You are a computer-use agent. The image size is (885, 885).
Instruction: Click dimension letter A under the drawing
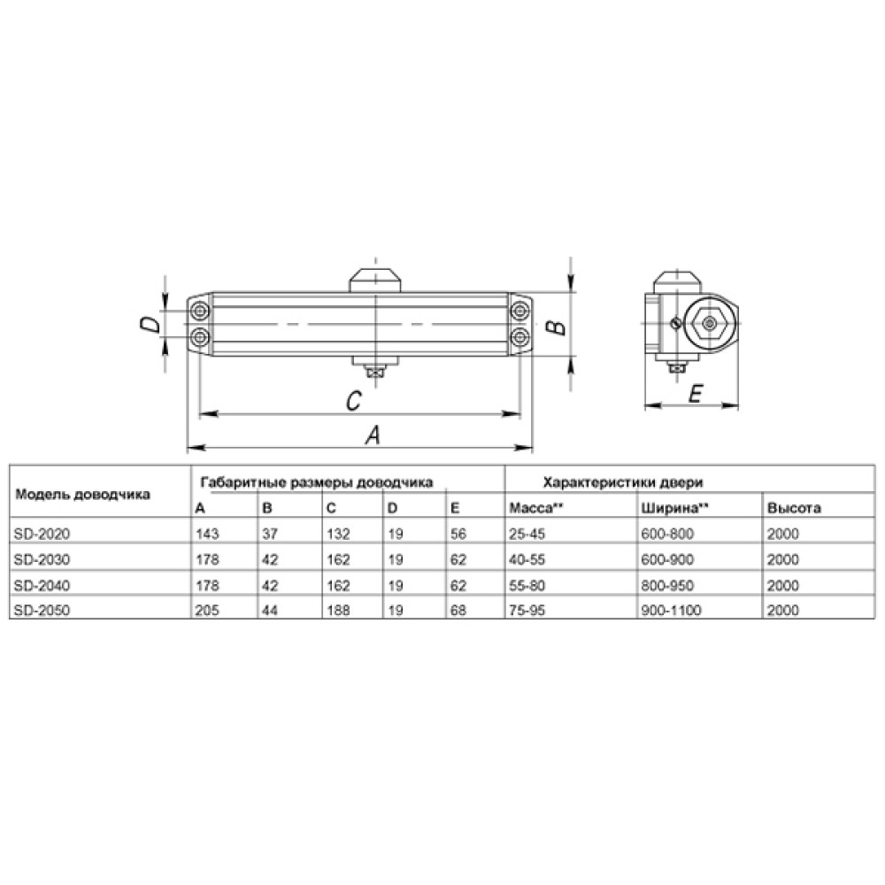[373, 435]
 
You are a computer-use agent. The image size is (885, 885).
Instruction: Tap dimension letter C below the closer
[353, 401]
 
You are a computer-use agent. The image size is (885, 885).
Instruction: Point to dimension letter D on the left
[150, 324]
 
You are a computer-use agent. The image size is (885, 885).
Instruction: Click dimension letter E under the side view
[696, 394]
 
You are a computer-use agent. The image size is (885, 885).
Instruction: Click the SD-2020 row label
[42, 534]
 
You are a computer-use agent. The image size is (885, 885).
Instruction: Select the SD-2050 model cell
[42, 610]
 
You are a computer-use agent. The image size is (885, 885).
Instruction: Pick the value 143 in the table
[207, 534]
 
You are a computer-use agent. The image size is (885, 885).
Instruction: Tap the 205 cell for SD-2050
[207, 610]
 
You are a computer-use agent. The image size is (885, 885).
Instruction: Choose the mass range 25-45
[527, 534]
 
